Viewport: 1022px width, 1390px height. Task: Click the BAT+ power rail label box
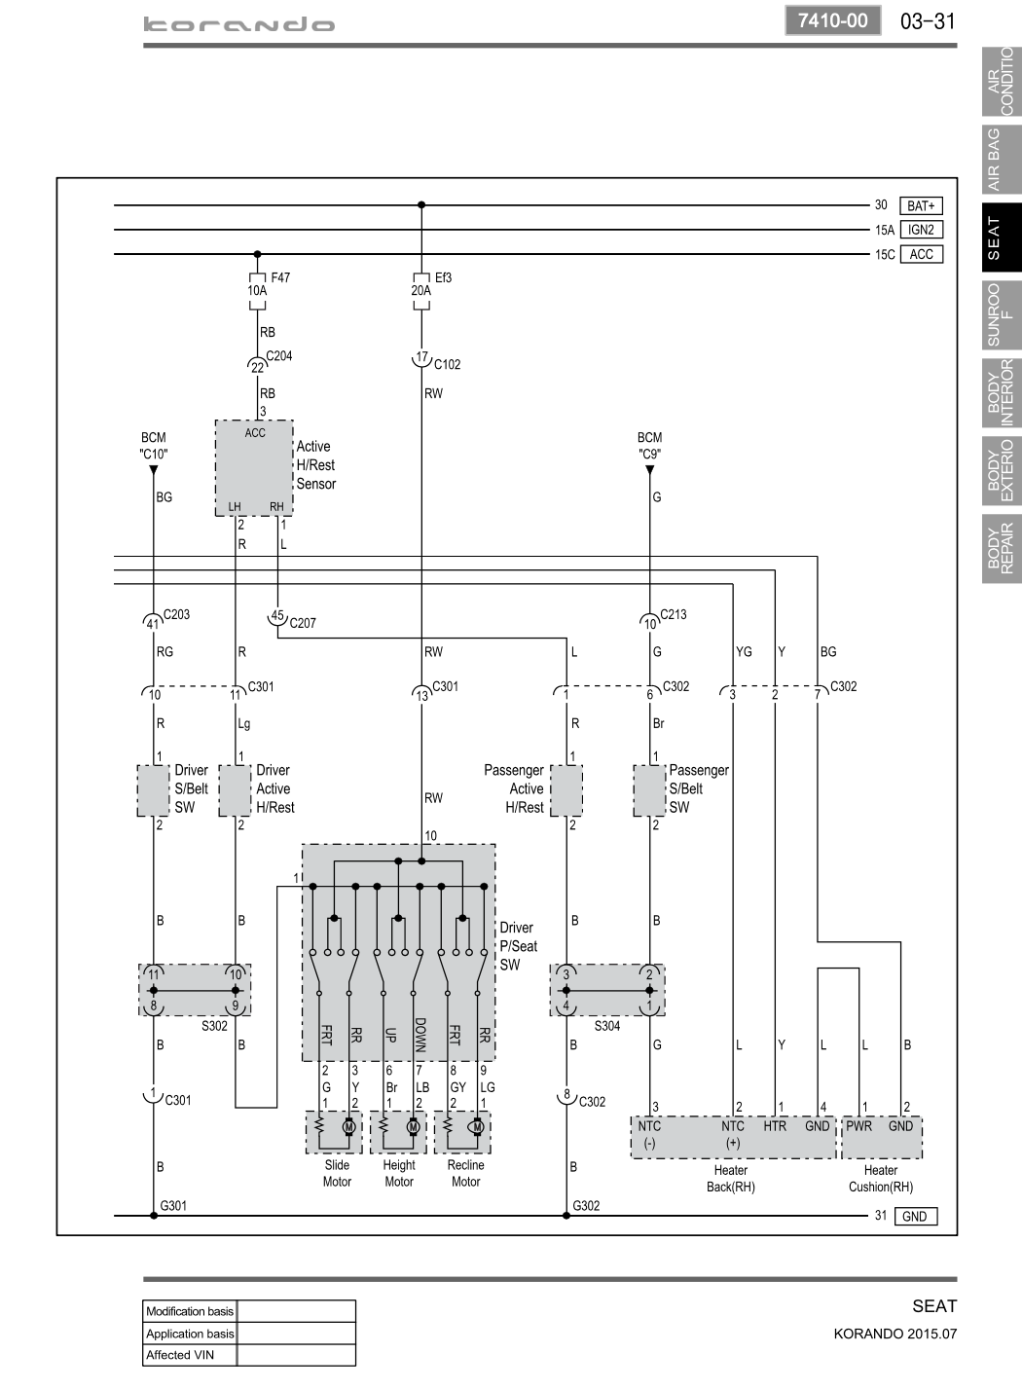click(x=921, y=205)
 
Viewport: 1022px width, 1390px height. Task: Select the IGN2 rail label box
click(x=921, y=230)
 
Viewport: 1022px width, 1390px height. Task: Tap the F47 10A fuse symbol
click(x=258, y=290)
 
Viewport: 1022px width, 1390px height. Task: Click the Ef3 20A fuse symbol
click(x=421, y=290)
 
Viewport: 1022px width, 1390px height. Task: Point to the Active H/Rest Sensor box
click(x=254, y=468)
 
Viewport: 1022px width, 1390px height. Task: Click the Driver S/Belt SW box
click(x=153, y=790)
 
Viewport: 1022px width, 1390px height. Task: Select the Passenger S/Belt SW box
click(x=649, y=790)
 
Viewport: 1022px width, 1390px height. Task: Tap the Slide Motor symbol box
click(x=334, y=1132)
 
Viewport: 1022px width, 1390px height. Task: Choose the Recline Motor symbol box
click(x=462, y=1132)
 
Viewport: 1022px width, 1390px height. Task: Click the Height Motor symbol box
click(x=398, y=1132)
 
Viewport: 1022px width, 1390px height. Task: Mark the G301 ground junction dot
click(x=154, y=1216)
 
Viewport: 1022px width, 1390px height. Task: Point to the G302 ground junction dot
click(x=566, y=1216)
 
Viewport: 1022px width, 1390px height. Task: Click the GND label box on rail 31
click(x=916, y=1217)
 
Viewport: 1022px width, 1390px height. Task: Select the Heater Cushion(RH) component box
click(x=882, y=1138)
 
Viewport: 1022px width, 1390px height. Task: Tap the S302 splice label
click(x=214, y=1026)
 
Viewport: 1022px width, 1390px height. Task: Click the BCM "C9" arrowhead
click(x=649, y=470)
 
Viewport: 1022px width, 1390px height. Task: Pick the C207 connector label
click(x=303, y=622)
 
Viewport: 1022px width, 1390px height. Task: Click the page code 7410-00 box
click(x=833, y=20)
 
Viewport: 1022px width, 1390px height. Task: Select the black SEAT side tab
click(x=1002, y=238)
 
